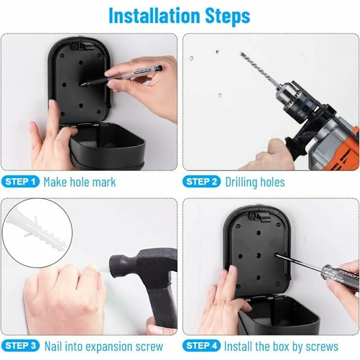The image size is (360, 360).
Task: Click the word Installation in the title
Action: pos(154,16)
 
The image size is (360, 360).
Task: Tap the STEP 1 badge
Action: pos(20,182)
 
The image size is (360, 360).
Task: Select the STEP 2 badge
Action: pos(202,182)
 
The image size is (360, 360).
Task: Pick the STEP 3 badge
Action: pos(20,346)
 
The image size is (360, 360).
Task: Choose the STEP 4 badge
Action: pos(202,346)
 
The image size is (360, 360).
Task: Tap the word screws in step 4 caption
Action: pos(322,347)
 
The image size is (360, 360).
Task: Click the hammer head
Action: pos(143,268)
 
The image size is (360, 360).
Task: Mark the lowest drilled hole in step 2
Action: pos(220,95)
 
